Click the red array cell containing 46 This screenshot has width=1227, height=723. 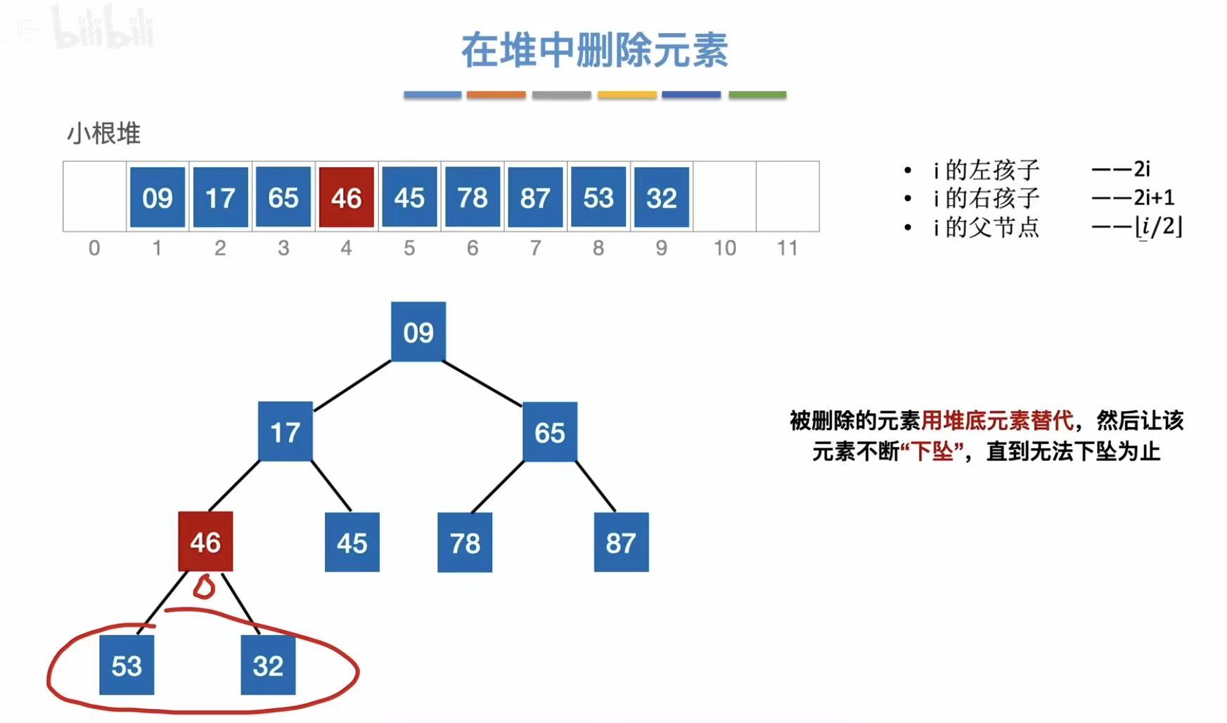pos(346,197)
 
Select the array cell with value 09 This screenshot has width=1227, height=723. pos(158,197)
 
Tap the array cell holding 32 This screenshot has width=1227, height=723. pos(661,197)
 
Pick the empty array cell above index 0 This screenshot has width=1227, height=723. pos(95,196)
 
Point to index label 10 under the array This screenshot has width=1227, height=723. pos(724,248)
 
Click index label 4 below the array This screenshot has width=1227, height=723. pos(346,248)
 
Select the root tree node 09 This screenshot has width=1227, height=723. pos(418,332)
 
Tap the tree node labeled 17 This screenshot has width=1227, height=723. pos(285,431)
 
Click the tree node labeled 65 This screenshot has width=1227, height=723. pos(550,432)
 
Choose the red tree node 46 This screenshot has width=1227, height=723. pos(205,542)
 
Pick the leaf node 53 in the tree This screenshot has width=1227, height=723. pos(127,665)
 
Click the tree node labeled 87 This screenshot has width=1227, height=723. pos(621,542)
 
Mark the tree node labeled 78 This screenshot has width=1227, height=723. pos(465,542)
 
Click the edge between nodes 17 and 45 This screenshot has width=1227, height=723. pos(331,486)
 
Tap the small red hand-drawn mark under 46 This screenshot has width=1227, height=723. pos(204,587)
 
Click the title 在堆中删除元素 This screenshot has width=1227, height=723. pos(594,51)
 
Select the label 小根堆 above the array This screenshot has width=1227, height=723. pos(103,133)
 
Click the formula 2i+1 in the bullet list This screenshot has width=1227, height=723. pos(1154,197)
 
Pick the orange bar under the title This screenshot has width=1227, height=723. pos(496,95)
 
